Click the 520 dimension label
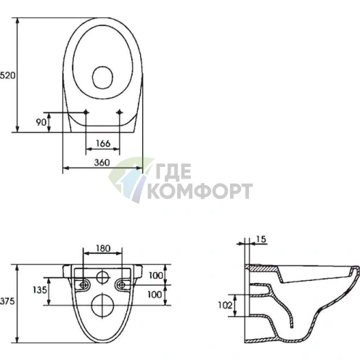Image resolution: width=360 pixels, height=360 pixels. tap(7, 75)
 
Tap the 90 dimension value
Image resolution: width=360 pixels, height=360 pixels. tap(41, 122)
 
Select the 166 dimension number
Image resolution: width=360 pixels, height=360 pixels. tap(103, 143)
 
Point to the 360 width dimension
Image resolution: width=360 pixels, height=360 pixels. tap(102, 163)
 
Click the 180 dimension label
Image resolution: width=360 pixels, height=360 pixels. tap(103, 248)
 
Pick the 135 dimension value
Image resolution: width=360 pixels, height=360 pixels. tap(40, 290)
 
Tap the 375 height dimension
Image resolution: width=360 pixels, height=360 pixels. tap(7, 301)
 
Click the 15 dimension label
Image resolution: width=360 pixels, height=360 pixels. tap(261, 240)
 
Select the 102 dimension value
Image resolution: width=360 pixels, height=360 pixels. tap(225, 306)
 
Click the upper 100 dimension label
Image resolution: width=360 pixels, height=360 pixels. tap(155, 275)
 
